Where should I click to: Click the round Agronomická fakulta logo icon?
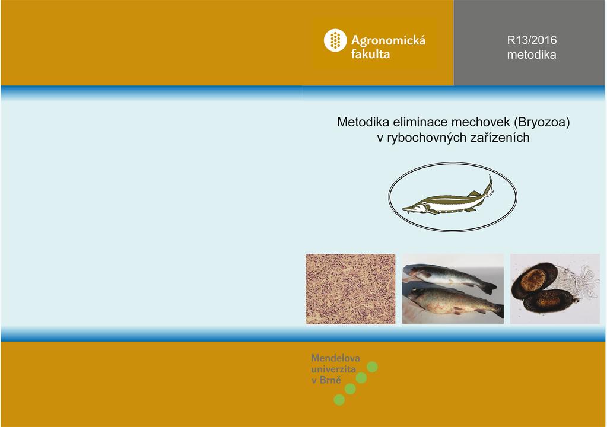tap(335, 40)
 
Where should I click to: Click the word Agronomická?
tap(388, 40)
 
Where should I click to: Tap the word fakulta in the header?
tap(370, 54)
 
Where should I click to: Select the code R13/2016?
tap(532, 40)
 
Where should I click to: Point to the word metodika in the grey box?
tap(532, 55)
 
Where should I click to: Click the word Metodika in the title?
tap(363, 122)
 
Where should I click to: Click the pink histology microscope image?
tap(350, 289)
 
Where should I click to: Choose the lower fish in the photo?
tap(455, 301)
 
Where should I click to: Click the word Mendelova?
tap(335, 358)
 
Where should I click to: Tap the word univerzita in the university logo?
tap(333, 369)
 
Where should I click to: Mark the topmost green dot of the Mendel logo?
tap(372, 367)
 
